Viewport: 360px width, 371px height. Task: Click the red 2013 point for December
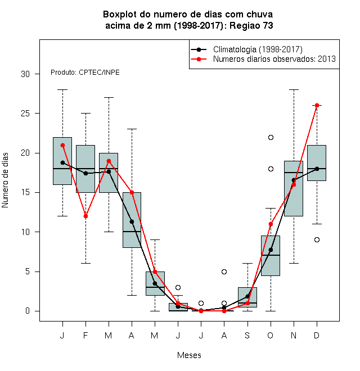coord(317,105)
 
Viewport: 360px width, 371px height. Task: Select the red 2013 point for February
coord(85,216)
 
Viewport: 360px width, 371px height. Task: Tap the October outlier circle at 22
coord(271,138)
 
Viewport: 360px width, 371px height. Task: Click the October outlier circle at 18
coord(271,169)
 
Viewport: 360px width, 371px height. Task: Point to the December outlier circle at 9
coord(317,239)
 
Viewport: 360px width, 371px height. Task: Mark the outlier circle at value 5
coord(224,272)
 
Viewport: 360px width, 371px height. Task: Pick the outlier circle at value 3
coord(178,287)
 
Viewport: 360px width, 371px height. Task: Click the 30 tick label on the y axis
coord(25,74)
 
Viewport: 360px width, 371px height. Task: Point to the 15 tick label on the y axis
coord(25,192)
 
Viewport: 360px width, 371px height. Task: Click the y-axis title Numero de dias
coord(5,180)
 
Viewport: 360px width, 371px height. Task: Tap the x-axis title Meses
coord(189,355)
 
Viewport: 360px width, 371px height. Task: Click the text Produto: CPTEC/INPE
coord(85,73)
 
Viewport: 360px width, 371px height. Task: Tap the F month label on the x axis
coord(85,335)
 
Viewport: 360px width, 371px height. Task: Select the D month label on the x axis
coord(317,335)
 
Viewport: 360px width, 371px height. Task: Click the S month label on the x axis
coord(247,335)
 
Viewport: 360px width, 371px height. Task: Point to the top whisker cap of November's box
coord(294,90)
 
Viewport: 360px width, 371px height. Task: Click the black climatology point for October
coord(271,250)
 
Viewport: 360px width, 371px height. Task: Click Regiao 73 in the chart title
coord(251,25)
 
